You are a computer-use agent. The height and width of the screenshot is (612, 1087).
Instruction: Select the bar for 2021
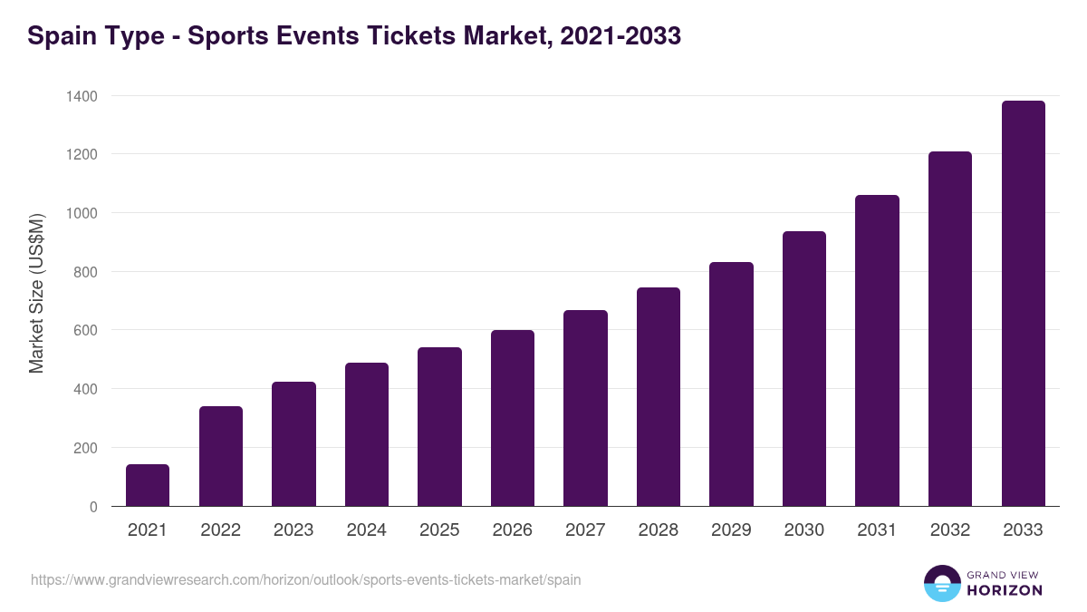(148, 485)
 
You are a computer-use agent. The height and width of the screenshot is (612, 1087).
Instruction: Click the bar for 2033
(1024, 304)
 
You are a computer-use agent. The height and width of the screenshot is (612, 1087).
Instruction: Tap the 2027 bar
(585, 408)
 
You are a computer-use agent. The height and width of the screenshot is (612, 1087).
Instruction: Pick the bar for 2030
(804, 369)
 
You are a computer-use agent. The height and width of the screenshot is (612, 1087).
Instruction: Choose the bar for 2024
(367, 434)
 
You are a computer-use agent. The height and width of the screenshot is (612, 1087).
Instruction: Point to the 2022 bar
(221, 456)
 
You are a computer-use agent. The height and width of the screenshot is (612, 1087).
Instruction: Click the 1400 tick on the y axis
(82, 96)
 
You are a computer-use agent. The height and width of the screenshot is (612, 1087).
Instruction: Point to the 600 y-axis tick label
(85, 331)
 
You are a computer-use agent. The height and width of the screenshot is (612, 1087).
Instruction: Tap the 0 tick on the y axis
(93, 507)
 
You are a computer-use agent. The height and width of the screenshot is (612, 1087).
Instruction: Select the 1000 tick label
(82, 213)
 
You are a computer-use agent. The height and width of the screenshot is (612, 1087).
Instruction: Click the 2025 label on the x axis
(439, 530)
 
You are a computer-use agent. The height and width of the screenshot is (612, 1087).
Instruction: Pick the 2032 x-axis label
(950, 530)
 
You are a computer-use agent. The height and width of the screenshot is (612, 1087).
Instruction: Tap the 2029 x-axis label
(731, 530)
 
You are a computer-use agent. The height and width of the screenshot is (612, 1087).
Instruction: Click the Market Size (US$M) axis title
(36, 292)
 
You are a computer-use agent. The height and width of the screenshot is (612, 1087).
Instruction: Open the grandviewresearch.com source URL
(305, 579)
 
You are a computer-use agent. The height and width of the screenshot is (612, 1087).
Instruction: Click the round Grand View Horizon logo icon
(942, 583)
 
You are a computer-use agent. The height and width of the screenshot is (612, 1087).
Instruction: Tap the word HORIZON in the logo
(1005, 590)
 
